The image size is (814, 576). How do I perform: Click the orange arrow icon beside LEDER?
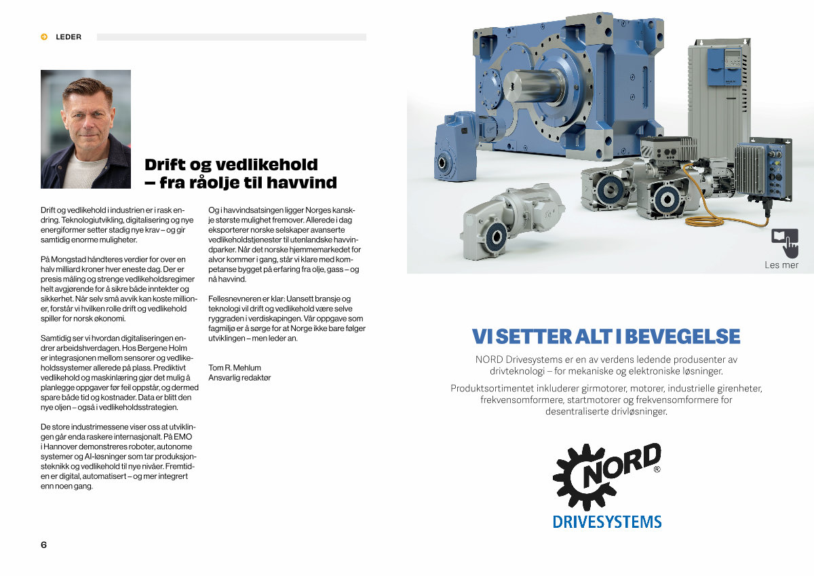point(44,37)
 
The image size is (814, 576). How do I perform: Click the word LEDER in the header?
point(69,37)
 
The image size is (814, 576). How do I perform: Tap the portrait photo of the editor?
point(85,129)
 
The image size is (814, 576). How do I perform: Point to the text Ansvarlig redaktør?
point(239,378)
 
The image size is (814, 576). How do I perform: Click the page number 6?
point(44,545)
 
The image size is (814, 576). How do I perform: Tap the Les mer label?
point(781,265)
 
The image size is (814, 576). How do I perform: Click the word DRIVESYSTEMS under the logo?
point(607,522)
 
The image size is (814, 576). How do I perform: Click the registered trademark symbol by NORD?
point(656,469)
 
